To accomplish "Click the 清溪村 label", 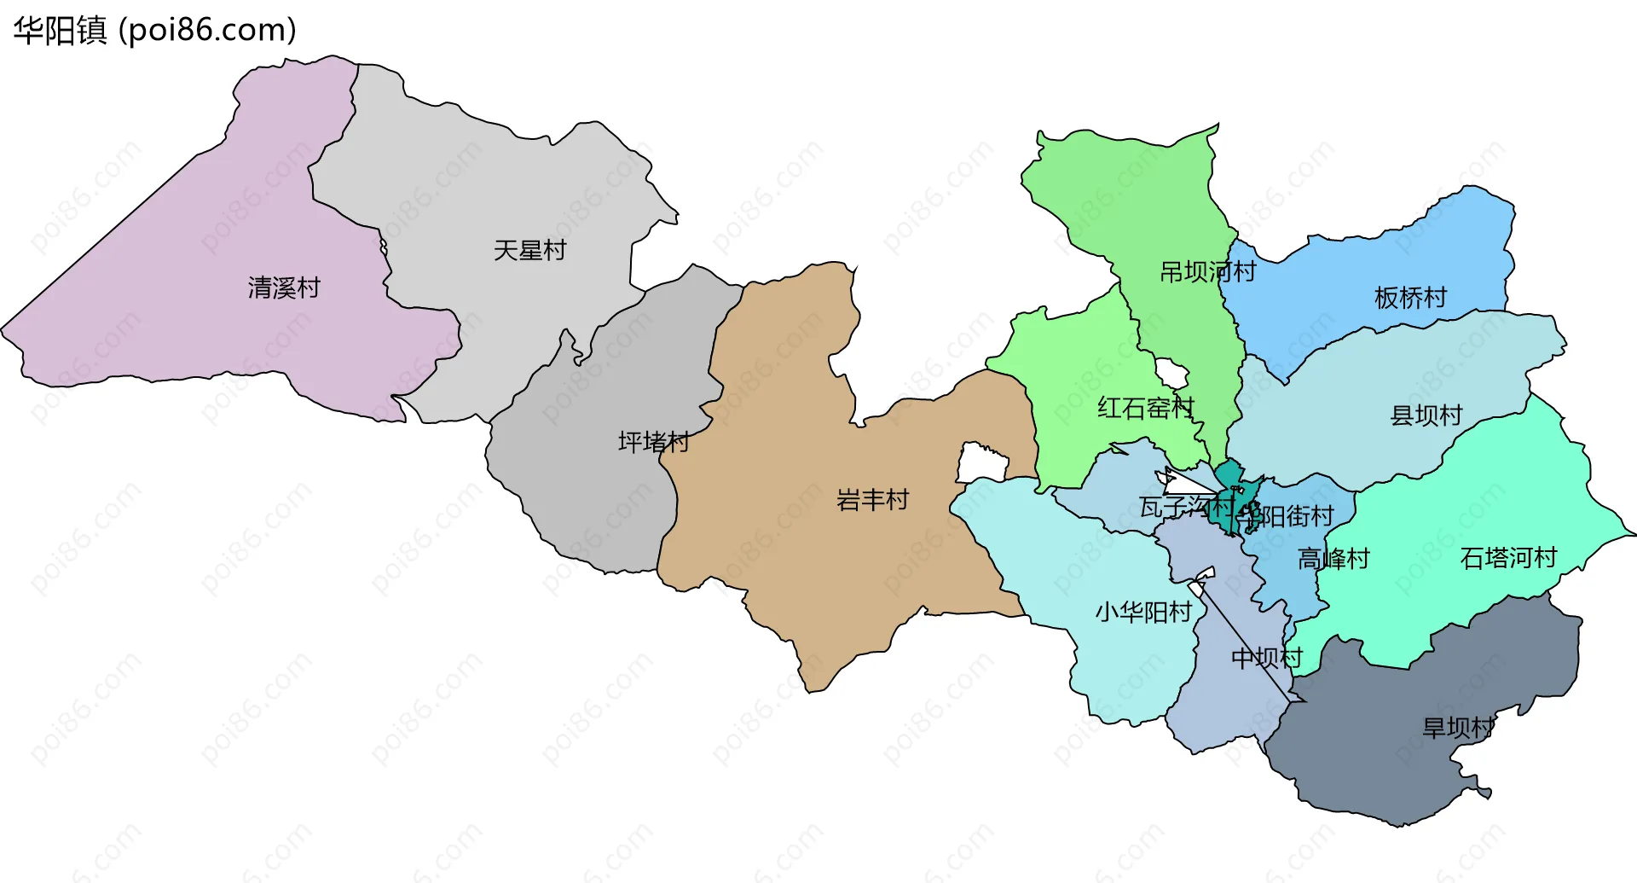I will click(x=284, y=288).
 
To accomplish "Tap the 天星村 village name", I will click(x=529, y=250).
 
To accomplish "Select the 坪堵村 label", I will click(x=653, y=442).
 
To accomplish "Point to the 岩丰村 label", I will click(x=872, y=499).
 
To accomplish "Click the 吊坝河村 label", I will click(x=1207, y=272).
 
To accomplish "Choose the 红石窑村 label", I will click(x=1145, y=408).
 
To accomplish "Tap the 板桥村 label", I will click(x=1410, y=298).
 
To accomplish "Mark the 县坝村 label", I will click(x=1426, y=415).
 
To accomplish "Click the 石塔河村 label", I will click(x=1508, y=558).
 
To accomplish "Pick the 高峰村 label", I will click(x=1333, y=559).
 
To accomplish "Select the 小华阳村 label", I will click(x=1142, y=612).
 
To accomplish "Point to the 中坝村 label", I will click(x=1267, y=658).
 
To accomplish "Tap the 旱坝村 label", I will click(x=1458, y=728).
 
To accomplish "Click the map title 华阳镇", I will click(x=60, y=31).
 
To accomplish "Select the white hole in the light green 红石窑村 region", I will click(x=1171, y=373).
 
